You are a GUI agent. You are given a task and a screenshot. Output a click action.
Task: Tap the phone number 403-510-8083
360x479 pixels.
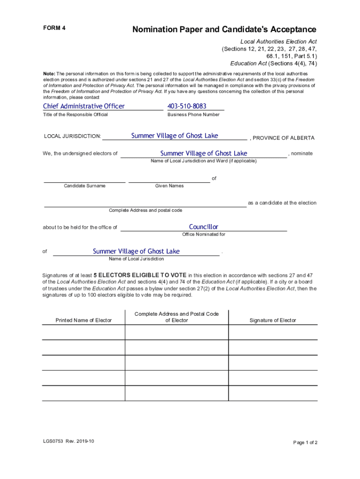[187, 106]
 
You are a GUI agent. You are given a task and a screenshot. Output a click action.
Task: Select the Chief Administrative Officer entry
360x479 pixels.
[84, 106]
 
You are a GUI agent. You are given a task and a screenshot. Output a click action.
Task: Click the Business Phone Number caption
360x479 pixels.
[193, 115]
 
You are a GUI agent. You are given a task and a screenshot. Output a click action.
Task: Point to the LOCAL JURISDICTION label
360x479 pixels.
[72, 136]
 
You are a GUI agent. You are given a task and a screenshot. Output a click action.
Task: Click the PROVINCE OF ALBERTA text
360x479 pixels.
[283, 138]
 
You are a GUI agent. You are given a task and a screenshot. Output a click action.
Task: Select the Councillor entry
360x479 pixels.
[203, 227]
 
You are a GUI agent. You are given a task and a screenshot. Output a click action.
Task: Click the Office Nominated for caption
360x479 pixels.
[203, 234]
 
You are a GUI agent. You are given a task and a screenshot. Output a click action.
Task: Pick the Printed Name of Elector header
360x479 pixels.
[84, 320]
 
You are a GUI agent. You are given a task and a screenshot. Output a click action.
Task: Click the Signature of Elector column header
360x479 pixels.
[273, 320]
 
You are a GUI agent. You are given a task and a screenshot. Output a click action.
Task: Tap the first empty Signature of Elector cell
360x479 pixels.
[273, 332]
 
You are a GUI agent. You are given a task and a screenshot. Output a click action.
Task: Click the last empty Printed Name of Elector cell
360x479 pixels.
[84, 393]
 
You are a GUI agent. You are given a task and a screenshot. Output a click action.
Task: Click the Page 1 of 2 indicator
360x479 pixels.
[305, 443]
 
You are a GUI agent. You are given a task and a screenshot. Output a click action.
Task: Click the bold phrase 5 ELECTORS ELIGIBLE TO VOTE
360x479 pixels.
[140, 275]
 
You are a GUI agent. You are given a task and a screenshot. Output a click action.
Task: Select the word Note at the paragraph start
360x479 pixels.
[49, 74]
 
